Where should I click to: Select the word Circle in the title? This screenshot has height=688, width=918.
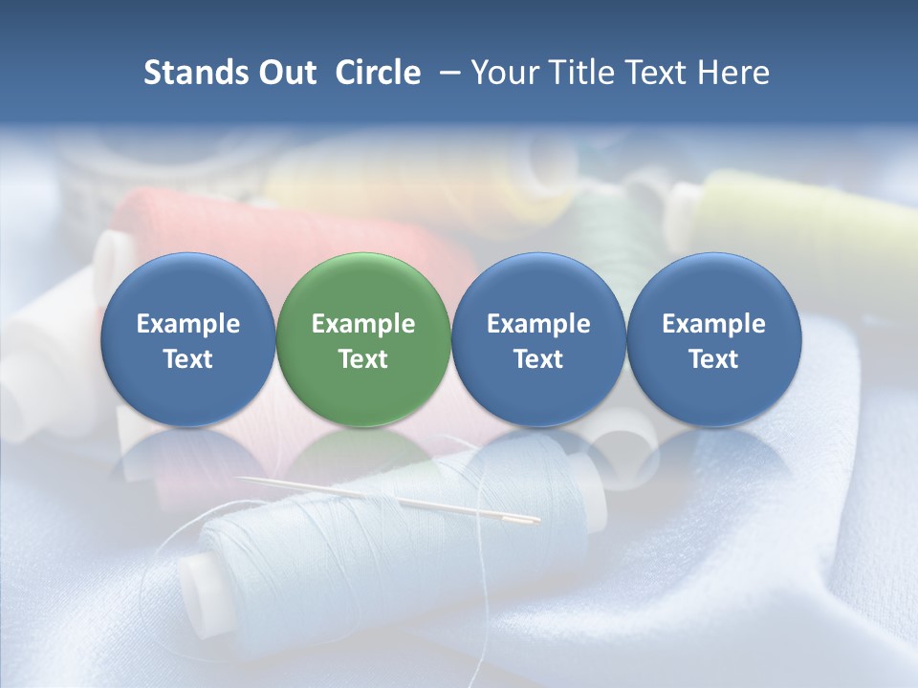tap(378, 73)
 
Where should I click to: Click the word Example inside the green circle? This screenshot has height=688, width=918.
tap(363, 324)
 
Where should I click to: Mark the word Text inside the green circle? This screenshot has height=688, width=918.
tap(363, 359)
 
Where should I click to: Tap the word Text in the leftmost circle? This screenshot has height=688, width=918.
tap(187, 359)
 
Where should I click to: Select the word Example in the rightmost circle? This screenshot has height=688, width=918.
tap(713, 324)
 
